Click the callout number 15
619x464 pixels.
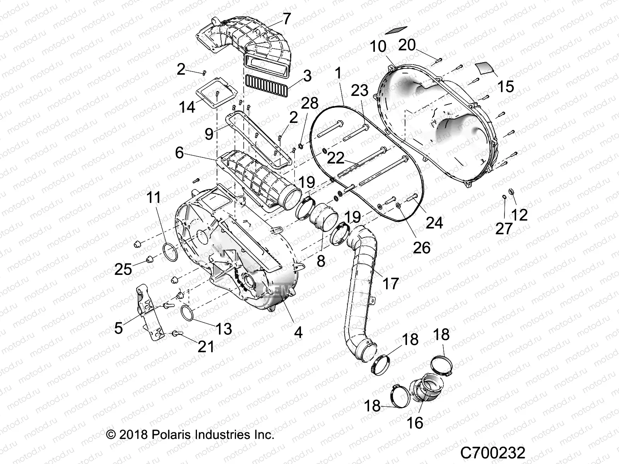pos(506,87)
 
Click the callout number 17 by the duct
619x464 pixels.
pos(390,283)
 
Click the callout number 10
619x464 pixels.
pos(377,47)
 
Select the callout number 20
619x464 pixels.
pos(407,45)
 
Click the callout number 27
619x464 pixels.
pos(504,229)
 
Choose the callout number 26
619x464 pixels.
pos(422,247)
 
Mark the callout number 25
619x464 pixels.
pos(123,269)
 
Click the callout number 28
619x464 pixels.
pos(310,103)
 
